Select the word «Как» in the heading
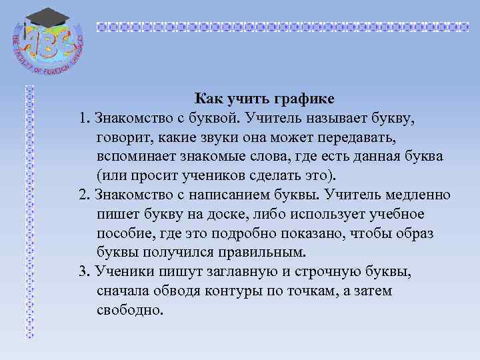(x=208, y=99)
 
